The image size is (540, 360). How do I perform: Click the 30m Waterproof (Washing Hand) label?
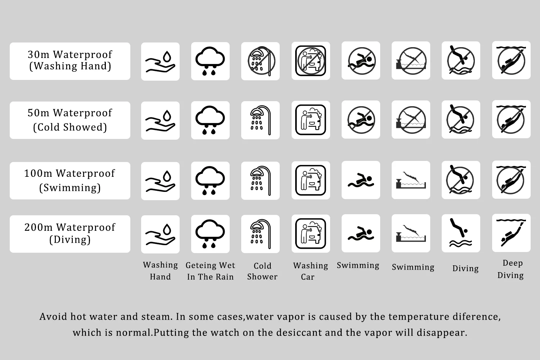coord(70,61)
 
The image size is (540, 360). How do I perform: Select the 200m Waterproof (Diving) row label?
coord(70,234)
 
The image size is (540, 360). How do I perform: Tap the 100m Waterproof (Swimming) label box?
coord(70,180)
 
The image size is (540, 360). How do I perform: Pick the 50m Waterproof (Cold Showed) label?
coord(70,120)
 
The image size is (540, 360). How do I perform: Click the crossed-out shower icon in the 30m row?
coord(260,61)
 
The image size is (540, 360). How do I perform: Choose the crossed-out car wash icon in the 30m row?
coord(311,61)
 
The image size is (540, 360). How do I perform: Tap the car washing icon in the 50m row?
coord(311,120)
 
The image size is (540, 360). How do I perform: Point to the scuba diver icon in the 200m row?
coord(511,233)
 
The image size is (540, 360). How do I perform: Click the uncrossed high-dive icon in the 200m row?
coord(461,233)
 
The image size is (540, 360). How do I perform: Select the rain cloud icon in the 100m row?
coord(210,180)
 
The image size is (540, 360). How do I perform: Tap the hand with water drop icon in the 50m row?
coord(160,121)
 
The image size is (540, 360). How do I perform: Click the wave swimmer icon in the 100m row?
coord(361,180)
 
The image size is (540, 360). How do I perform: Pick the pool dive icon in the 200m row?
coord(411,233)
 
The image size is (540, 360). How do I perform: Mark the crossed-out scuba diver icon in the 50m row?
coord(511,119)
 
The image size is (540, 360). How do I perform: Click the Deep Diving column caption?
coord(511,269)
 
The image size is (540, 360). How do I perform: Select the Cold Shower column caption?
coord(262,271)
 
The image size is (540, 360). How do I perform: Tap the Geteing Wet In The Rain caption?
coord(210,271)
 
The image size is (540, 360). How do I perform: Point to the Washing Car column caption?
coord(310,271)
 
